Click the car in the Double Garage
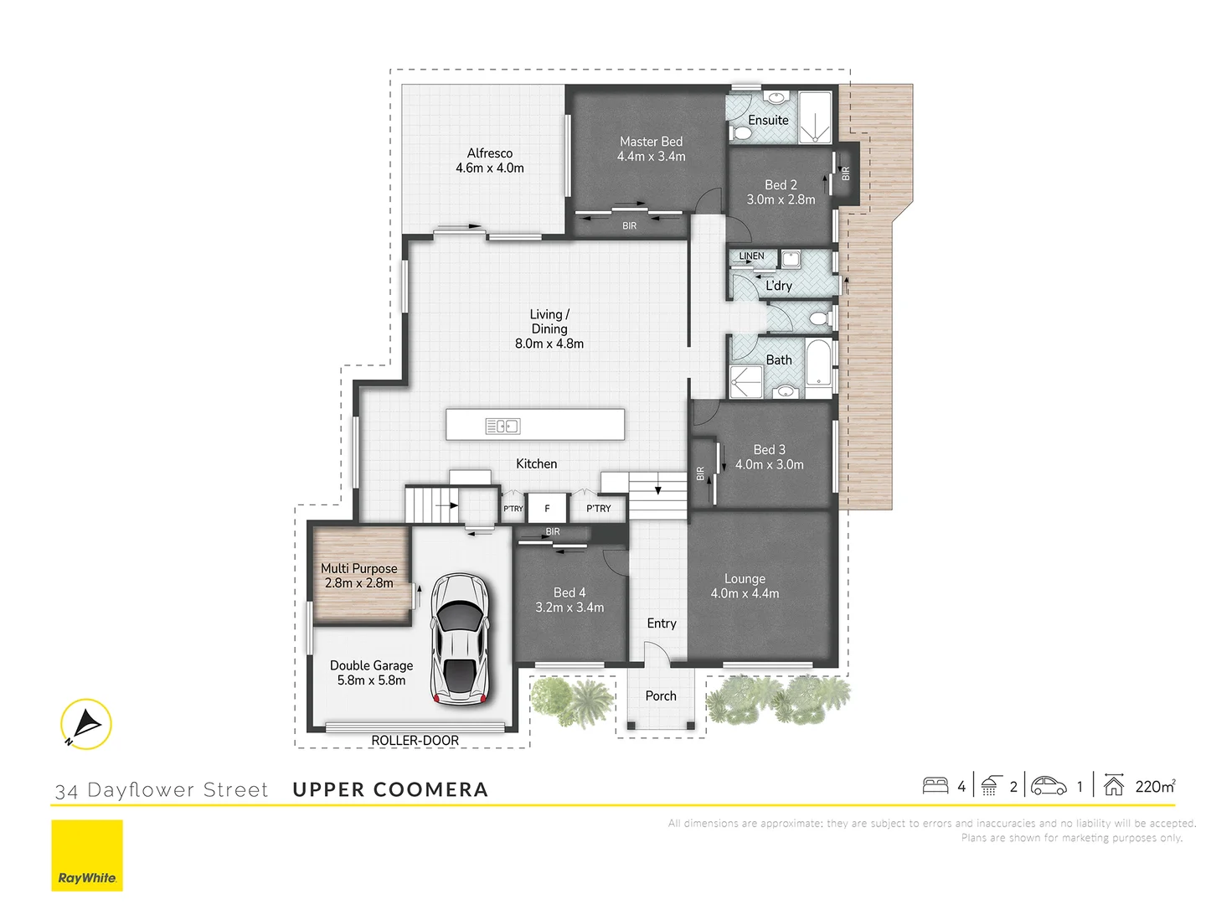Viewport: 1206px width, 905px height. pyautogui.click(x=459, y=639)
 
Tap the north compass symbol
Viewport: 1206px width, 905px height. pyautogui.click(x=85, y=724)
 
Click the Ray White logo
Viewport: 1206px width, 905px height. pyautogui.click(x=87, y=856)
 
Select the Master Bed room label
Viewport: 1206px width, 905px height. pyautogui.click(x=651, y=142)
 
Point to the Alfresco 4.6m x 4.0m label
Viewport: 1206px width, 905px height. pyautogui.click(x=490, y=161)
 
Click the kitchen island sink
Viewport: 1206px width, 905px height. pyautogui.click(x=502, y=426)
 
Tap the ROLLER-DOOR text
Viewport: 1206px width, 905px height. pyautogui.click(x=415, y=741)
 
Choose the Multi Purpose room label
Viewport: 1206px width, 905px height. pyautogui.click(x=358, y=569)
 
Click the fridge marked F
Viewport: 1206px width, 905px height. pyautogui.click(x=548, y=509)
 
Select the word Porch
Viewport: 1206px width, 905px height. pyautogui.click(x=661, y=696)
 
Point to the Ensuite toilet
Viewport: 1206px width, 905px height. pyautogui.click(x=740, y=133)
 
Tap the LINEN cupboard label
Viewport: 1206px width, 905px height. pyautogui.click(x=751, y=256)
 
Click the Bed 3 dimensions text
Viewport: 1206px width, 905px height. pyautogui.click(x=769, y=465)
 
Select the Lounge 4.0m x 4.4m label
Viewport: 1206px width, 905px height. pyautogui.click(x=745, y=586)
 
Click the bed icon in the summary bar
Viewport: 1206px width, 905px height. pyautogui.click(x=935, y=786)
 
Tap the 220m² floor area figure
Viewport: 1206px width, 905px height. pyautogui.click(x=1155, y=786)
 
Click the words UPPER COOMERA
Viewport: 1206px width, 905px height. pyautogui.click(x=390, y=789)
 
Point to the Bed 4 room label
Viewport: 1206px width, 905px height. pyautogui.click(x=569, y=593)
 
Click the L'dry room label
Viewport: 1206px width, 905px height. pyautogui.click(x=778, y=286)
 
